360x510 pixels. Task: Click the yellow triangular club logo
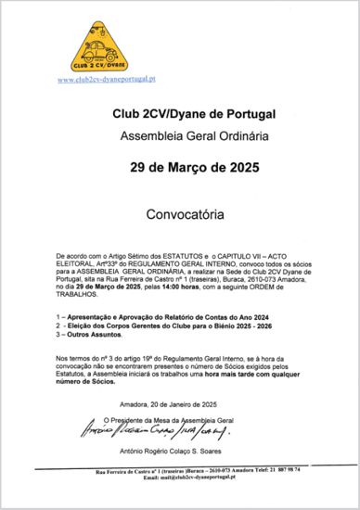pos(99,47)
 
